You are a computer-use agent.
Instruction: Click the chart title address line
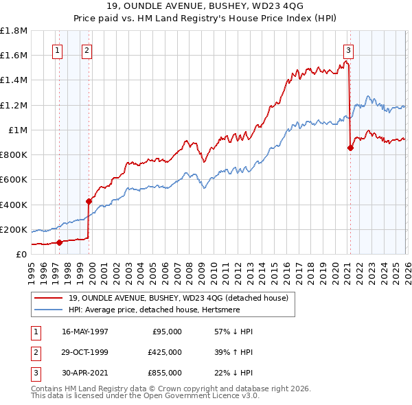tap(205, 6)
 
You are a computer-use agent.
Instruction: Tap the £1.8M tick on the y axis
tap(14, 31)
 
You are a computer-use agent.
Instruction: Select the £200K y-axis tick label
tap(14, 229)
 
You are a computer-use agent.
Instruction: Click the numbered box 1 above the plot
tap(56, 49)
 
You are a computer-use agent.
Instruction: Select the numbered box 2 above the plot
tap(87, 49)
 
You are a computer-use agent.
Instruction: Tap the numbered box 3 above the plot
tap(348, 49)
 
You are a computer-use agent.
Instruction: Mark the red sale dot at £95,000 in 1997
tap(60, 242)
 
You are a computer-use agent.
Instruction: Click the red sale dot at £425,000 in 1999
tap(89, 201)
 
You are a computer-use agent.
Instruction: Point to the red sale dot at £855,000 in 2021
tap(350, 148)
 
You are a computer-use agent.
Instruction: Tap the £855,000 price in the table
tap(165, 373)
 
